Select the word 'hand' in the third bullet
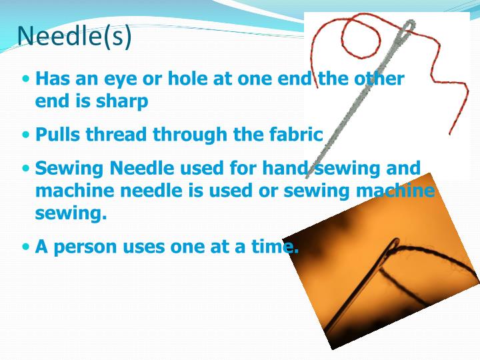tap(284, 168)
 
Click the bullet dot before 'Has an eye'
tap(26, 79)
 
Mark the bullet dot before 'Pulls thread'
tap(26, 134)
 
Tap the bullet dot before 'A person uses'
tap(26, 247)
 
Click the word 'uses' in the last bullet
tap(161, 247)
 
